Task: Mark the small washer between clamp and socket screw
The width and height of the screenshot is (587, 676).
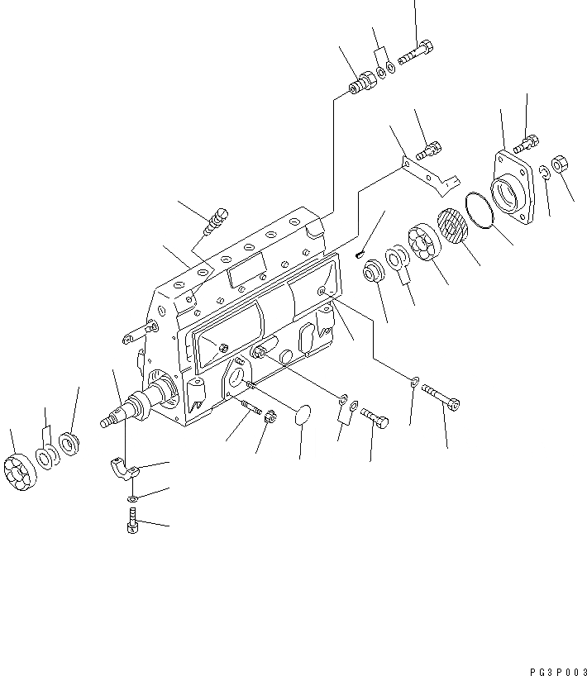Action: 133,499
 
